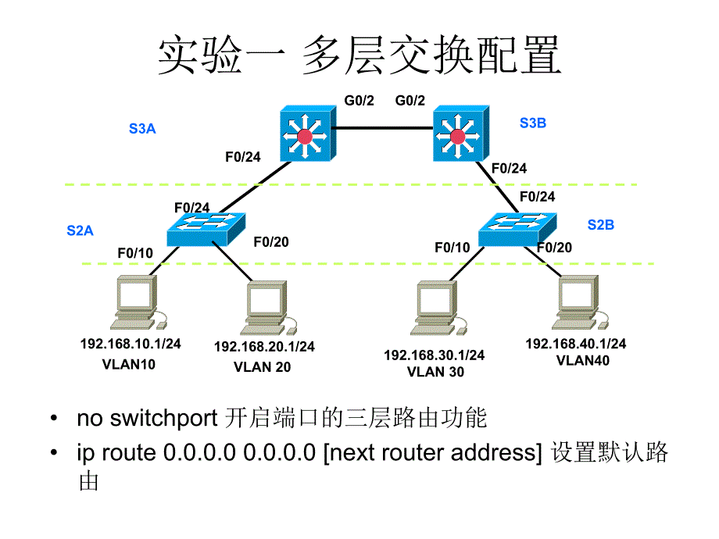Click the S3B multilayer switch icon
(x=460, y=135)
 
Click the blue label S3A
(x=142, y=129)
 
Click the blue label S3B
(x=532, y=123)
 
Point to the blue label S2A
(x=80, y=230)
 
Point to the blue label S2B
(x=600, y=225)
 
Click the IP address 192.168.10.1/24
(x=131, y=344)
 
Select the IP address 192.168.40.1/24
(x=575, y=344)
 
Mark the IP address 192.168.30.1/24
(x=434, y=355)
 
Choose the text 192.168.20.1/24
(x=264, y=346)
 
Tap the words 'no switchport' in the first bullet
(x=146, y=419)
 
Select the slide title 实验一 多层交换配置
(x=359, y=57)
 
